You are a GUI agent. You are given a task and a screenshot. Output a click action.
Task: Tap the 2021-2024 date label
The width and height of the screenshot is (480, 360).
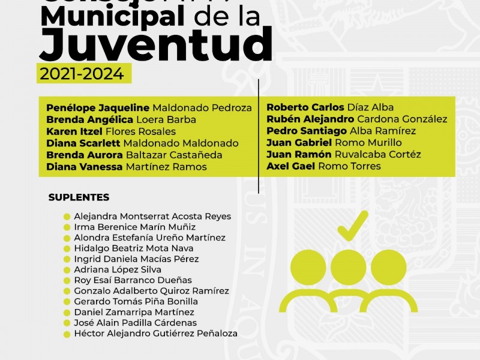click(82, 74)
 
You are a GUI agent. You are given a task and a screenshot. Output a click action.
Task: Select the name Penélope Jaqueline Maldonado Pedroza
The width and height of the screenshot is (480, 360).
click(149, 108)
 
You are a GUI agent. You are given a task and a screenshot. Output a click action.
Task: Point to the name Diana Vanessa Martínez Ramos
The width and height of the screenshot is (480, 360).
click(126, 167)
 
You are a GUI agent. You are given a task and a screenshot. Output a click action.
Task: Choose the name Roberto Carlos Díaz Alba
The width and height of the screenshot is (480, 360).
click(330, 107)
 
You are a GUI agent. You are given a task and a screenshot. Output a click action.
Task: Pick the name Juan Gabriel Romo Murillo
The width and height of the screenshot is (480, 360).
click(334, 143)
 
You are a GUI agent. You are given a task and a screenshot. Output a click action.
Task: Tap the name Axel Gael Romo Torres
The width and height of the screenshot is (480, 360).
click(323, 166)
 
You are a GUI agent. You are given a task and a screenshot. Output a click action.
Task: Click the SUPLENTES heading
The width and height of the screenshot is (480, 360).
click(79, 197)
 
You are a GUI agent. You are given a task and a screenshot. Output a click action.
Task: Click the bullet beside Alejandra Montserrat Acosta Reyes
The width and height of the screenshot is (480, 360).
click(67, 217)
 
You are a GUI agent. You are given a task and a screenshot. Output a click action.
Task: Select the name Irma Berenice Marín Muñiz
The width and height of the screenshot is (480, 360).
click(134, 227)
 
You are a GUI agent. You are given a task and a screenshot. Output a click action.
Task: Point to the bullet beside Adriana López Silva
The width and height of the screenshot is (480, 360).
click(67, 270)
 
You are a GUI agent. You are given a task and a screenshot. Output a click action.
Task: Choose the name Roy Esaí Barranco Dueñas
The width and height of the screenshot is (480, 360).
click(133, 280)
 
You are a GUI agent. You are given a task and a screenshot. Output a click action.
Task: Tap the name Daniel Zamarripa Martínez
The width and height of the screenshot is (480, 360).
click(134, 312)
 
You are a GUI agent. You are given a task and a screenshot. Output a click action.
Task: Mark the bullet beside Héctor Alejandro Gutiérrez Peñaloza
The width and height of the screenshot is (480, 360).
click(67, 334)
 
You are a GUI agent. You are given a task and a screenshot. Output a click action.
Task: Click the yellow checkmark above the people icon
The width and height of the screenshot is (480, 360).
click(352, 226)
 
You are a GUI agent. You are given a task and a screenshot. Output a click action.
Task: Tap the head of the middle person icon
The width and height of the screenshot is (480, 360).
click(349, 264)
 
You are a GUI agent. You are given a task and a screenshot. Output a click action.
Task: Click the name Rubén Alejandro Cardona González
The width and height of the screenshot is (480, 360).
click(356, 119)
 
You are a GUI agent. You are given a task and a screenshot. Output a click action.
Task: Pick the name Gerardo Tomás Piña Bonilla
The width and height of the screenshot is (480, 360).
click(136, 302)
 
